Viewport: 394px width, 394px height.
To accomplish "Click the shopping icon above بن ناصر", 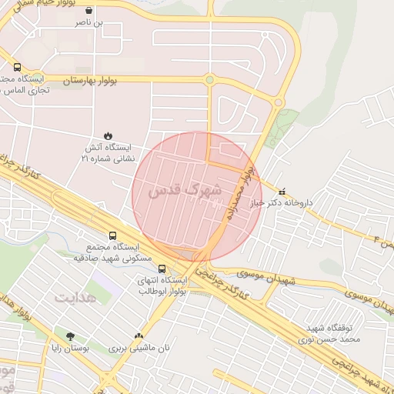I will coord(89,12).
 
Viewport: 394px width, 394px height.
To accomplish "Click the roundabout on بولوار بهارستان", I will coord(209,79).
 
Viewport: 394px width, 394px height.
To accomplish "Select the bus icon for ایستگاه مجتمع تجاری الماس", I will coord(18,67).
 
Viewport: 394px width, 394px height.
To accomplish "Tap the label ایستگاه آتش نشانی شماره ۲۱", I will coord(107,152).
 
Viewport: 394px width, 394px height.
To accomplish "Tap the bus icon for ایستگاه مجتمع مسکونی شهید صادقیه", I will coord(113,235).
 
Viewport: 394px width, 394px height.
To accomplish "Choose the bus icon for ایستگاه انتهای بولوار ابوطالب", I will coord(162,269).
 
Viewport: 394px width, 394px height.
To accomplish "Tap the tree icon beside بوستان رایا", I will coord(71,336).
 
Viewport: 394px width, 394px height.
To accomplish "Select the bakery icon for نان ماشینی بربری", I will coord(139,336).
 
